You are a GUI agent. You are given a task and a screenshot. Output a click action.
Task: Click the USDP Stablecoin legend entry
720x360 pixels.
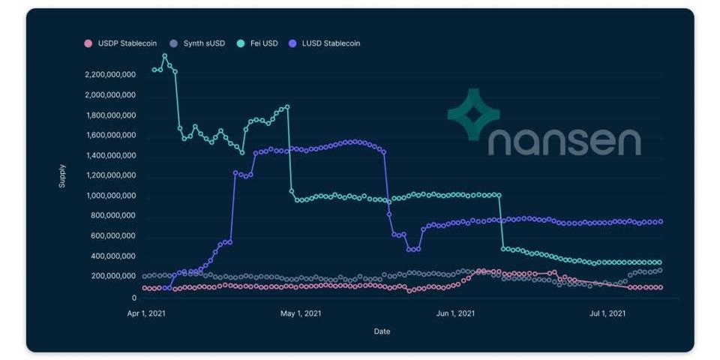(x=121, y=43)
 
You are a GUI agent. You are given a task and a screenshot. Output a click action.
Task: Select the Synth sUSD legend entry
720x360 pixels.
(x=198, y=43)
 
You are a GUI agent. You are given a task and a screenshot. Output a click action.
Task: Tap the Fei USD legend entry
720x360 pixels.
(x=257, y=43)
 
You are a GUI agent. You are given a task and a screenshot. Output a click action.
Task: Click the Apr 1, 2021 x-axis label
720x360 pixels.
(x=147, y=313)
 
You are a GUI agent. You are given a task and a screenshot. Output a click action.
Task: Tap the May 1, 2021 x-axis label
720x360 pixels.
(x=301, y=313)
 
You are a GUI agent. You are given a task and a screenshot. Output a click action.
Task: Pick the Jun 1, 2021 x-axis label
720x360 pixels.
(x=454, y=313)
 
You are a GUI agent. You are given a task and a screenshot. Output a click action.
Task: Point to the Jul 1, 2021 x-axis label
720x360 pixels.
(x=607, y=313)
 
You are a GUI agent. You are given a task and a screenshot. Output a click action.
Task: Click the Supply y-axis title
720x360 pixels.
(x=62, y=175)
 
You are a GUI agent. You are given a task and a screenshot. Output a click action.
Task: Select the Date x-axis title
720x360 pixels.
(x=382, y=331)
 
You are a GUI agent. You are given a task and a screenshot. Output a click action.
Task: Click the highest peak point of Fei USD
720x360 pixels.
(x=165, y=56)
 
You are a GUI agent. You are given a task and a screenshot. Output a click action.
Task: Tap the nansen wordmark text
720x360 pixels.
(x=565, y=142)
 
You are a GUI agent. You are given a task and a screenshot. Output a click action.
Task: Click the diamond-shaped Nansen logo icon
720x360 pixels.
(x=473, y=114)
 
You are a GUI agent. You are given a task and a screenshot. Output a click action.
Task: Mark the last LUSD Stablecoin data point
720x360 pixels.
(x=660, y=221)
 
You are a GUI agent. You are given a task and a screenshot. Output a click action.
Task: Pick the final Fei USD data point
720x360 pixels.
(x=660, y=262)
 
